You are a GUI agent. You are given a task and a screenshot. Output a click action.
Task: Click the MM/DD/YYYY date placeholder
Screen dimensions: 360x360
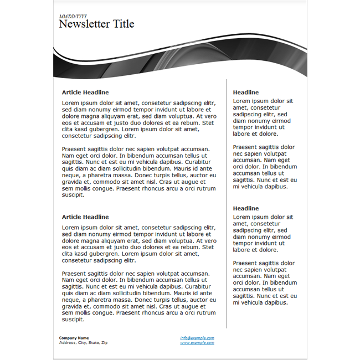pos(73,17)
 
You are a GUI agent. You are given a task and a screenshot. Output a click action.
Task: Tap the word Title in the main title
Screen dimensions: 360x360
pos(124,24)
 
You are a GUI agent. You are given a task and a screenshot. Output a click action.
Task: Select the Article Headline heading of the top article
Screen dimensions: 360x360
pos(85,92)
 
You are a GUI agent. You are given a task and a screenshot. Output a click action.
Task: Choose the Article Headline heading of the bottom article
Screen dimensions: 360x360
pos(85,217)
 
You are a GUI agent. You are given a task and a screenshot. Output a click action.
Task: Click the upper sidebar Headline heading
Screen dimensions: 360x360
pos(246,92)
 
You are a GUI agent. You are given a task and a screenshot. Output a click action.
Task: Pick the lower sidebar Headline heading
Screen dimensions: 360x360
pos(246,208)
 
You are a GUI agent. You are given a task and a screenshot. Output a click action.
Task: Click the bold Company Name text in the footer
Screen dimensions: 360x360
pos(74,338)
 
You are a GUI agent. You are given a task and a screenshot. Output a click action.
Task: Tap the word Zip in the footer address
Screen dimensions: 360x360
pos(104,343)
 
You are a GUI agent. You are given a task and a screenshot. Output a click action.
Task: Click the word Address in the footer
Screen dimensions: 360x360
pos(67,343)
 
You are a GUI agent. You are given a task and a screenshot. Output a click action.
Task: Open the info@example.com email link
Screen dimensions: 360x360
pos(197,338)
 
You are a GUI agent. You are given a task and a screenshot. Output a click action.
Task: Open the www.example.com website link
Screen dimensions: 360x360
pos(197,343)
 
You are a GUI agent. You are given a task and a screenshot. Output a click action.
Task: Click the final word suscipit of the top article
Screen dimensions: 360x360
pos(73,195)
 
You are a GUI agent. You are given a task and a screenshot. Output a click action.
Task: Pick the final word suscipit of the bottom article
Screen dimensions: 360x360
pos(73,320)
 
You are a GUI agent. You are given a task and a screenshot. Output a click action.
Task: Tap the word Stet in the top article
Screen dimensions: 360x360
pos(208,122)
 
